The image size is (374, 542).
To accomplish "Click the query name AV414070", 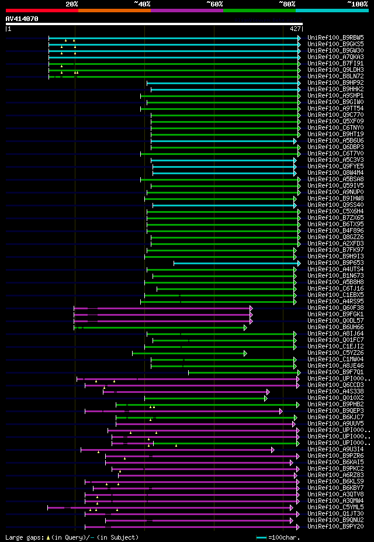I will pyautogui.click(x=22, y=19).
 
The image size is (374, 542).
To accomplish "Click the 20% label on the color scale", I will pyautogui.click(x=72, y=4).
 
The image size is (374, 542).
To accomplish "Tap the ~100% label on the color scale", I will pyautogui.click(x=357, y=4).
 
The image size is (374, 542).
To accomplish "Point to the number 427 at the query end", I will pyautogui.click(x=295, y=28).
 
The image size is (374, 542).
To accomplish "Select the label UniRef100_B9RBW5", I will pyautogui.click(x=335, y=37).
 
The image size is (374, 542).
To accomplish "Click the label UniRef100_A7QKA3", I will pyautogui.click(x=335, y=57).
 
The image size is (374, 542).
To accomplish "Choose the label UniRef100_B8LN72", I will pyautogui.click(x=335, y=76).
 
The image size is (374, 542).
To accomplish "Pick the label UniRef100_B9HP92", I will pyautogui.click(x=335, y=82).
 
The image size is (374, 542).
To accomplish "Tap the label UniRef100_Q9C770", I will pyautogui.click(x=335, y=115).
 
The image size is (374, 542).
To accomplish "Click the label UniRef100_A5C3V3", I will pyautogui.click(x=335, y=160).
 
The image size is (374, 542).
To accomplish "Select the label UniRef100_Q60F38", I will pyautogui.click(x=335, y=308).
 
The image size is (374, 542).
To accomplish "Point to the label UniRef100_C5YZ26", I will pyautogui.click(x=335, y=353).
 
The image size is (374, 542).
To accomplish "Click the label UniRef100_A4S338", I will pyautogui.click(x=335, y=391).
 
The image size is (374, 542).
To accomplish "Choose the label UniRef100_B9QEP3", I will pyautogui.click(x=335, y=410).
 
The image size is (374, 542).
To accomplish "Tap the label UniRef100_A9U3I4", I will pyautogui.click(x=335, y=449).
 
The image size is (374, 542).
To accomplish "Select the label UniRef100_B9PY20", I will pyautogui.click(x=335, y=526).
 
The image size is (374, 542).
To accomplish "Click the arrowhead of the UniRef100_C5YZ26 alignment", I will pyautogui.click(x=245, y=353).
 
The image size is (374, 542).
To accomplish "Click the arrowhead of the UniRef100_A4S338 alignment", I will pyautogui.click(x=268, y=392).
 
